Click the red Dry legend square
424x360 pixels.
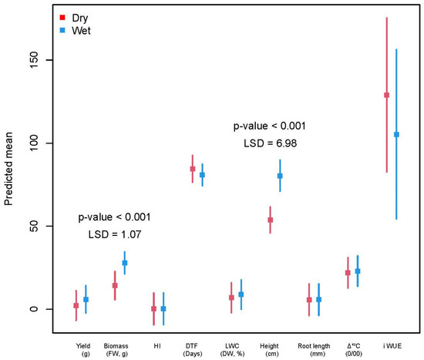pos(62,18)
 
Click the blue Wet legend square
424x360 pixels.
pos(62,30)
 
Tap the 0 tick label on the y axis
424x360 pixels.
pos(34,309)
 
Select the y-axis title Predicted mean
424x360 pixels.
pos(8,169)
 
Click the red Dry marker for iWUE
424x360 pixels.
pos(387,95)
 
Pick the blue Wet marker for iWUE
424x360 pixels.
pos(396,134)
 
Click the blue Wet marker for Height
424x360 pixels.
pos(280,176)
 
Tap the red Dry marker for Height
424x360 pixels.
pos(271,220)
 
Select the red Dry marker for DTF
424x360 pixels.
pos(193,169)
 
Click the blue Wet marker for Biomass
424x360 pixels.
pos(125,263)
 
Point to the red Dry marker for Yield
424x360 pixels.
pos(76,305)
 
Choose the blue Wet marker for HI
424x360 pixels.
pos(163,308)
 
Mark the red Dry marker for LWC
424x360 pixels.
pos(231,298)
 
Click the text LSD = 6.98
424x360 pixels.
pos(270,143)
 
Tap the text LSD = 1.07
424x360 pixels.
pos(115,234)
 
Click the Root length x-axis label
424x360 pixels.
pos(314,349)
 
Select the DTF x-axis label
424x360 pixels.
pos(193,349)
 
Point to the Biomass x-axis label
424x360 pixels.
pos(116,349)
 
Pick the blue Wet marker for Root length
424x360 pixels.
pos(319,299)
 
